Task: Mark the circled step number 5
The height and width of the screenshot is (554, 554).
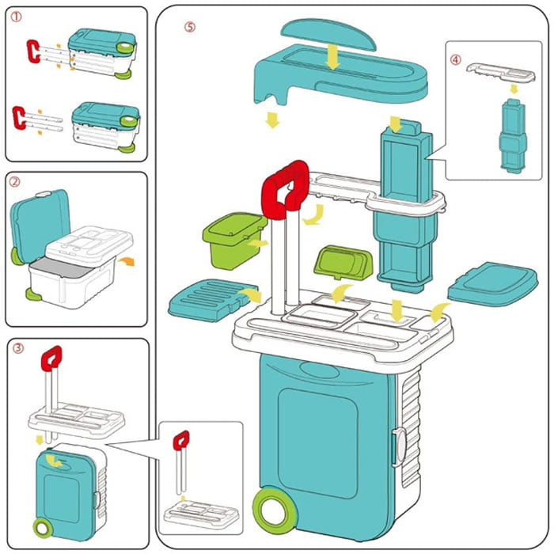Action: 189,26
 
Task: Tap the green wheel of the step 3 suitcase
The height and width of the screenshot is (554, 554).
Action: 40,526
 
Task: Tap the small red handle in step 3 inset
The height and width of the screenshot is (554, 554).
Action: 181,440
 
